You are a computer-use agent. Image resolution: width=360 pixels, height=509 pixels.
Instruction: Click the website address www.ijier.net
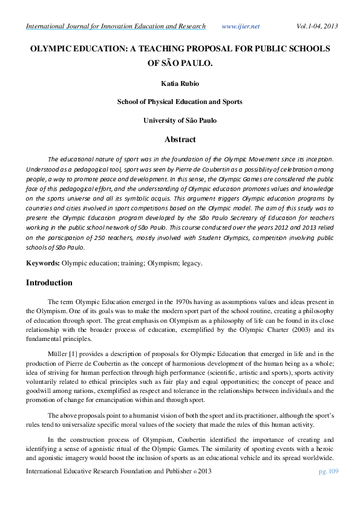240,26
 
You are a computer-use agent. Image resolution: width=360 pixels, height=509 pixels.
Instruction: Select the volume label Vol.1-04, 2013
317,26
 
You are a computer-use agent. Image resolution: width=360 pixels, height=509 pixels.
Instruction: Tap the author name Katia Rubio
180,82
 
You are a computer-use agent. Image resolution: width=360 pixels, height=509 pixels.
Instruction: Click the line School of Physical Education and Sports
180,102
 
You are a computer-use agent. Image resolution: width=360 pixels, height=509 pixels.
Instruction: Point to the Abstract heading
180,139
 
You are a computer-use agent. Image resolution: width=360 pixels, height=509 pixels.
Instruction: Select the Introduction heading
49,282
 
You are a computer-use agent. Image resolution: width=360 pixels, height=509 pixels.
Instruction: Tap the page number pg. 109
327,487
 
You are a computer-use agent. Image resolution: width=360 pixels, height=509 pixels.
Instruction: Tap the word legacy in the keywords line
191,264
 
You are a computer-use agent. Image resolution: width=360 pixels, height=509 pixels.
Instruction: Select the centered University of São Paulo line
180,120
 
